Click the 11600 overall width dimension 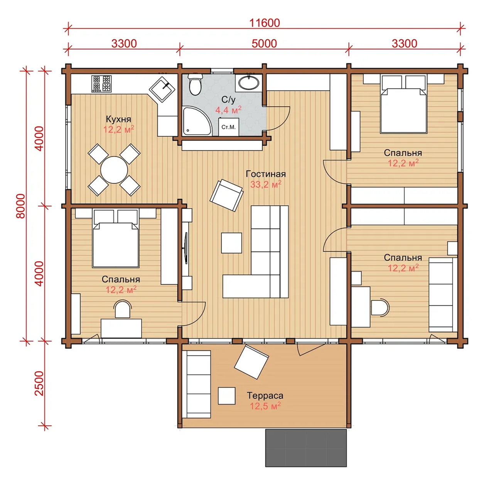265,23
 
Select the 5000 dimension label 264,44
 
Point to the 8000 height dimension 21,206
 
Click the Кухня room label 118,119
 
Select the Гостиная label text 266,174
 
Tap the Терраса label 265,395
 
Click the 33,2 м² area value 266,184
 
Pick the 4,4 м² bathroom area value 228,110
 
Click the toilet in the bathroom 195,84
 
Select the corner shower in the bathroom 197,121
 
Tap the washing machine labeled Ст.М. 229,127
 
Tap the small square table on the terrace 226,396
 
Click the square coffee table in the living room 231,243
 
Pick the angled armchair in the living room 226,195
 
